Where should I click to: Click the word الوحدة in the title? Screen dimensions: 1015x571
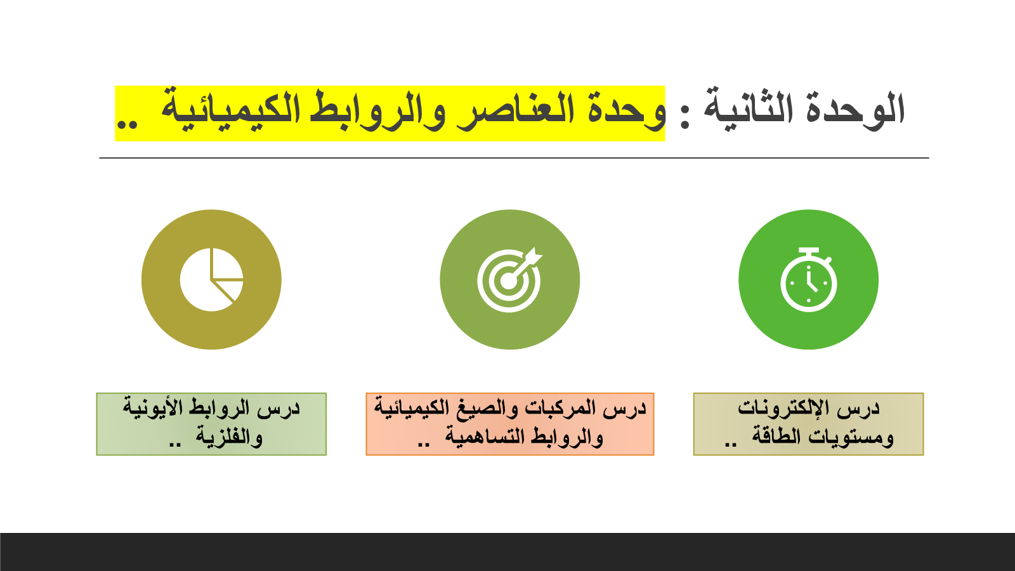(x=856, y=108)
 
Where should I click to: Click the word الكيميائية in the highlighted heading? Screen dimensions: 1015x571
(x=230, y=108)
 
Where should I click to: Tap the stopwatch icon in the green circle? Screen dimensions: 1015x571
(x=809, y=280)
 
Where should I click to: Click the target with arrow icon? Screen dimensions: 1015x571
(x=509, y=280)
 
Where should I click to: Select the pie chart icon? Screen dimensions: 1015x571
(x=211, y=280)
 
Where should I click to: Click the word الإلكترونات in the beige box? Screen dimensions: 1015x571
(x=784, y=408)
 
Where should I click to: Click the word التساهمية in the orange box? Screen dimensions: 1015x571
(x=485, y=436)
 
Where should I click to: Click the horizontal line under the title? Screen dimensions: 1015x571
(x=514, y=158)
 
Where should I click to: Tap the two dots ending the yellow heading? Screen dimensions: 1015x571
(x=127, y=124)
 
